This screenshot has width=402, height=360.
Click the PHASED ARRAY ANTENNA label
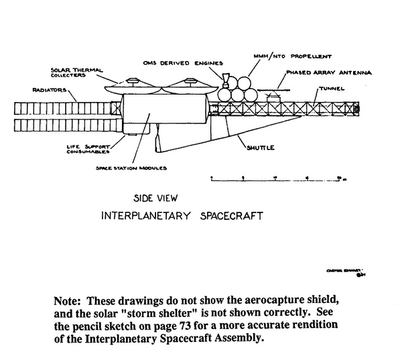[x=318, y=72]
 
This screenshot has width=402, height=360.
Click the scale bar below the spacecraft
[x=275, y=179]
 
